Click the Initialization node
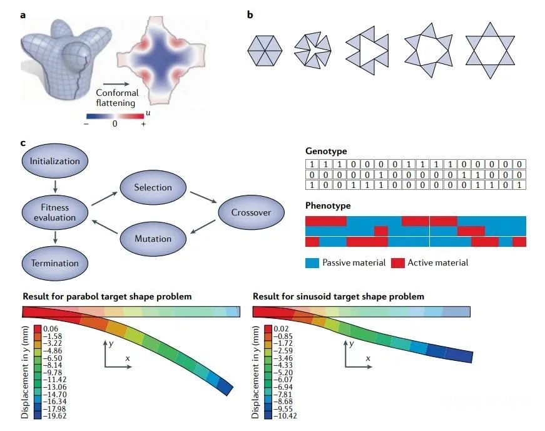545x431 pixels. (55, 161)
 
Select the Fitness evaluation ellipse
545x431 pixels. (55, 212)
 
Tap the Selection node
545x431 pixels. (153, 187)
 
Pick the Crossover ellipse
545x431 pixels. (250, 212)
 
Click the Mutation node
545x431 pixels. (153, 238)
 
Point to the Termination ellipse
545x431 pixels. (55, 263)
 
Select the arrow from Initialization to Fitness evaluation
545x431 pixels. (55, 185)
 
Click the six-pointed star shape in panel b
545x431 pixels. (489, 51)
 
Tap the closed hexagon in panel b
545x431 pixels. (265, 51)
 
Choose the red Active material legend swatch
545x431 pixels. (397, 262)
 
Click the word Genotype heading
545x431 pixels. (325, 152)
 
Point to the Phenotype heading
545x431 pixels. (328, 205)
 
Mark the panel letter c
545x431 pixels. (24, 143)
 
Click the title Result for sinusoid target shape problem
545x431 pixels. (339, 296)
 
